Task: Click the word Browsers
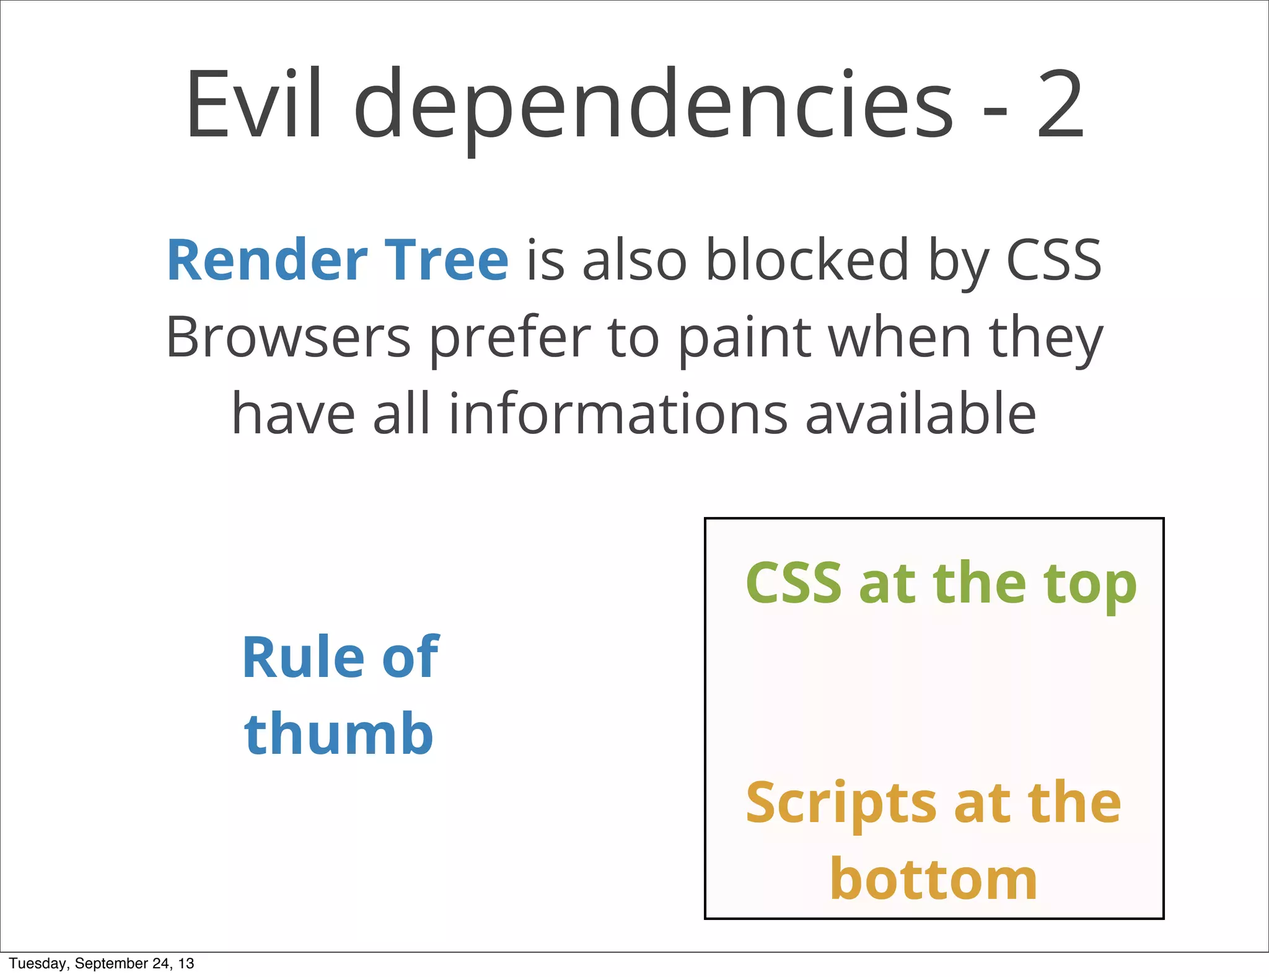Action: pos(288,338)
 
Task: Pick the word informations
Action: pos(618,414)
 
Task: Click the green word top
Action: pos(1090,584)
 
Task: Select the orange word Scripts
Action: pos(841,804)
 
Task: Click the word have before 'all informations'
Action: pos(293,414)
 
